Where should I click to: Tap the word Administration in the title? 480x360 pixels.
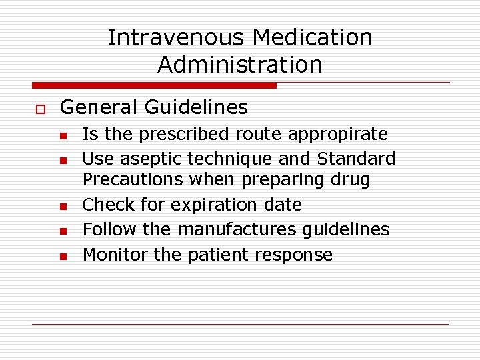click(x=240, y=65)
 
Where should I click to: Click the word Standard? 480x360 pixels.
click(x=356, y=159)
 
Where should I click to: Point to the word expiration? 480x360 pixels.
click(x=217, y=204)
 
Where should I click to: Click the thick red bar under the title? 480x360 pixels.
click(x=154, y=85)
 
